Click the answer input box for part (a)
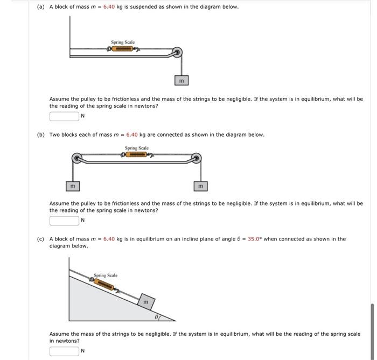64,116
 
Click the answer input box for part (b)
64,220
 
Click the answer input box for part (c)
64,351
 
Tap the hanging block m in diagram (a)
181,80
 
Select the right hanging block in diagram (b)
200,186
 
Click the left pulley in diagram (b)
78,158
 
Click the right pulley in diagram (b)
196,158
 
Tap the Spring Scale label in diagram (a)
123,42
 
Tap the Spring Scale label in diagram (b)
137,148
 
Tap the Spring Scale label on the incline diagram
106,276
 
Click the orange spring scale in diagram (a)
122,49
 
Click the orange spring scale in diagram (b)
137,154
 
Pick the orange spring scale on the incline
107,284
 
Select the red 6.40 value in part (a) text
109,7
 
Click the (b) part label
41,135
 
